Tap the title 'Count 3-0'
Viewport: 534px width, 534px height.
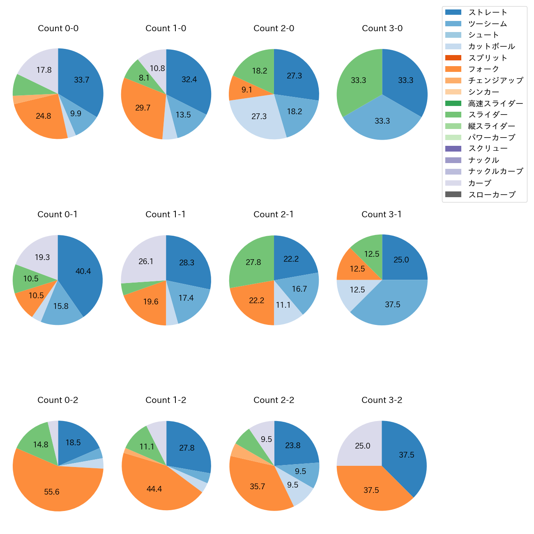pyautogui.click(x=382, y=28)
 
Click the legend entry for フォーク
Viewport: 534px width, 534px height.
pyautogui.click(x=483, y=69)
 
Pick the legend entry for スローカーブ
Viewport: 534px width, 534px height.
pyautogui.click(x=492, y=195)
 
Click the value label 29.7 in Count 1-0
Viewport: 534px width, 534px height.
pyautogui.click(x=143, y=108)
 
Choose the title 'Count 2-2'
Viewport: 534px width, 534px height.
pyautogui.click(x=274, y=400)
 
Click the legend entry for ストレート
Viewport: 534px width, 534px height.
pyautogui.click(x=488, y=12)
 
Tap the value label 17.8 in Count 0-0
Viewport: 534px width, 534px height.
pyautogui.click(x=44, y=70)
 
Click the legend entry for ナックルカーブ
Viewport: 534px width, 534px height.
pyautogui.click(x=495, y=171)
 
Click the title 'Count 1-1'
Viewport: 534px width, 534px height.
pyautogui.click(x=166, y=214)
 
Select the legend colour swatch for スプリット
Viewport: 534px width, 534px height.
pyautogui.click(x=453, y=58)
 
